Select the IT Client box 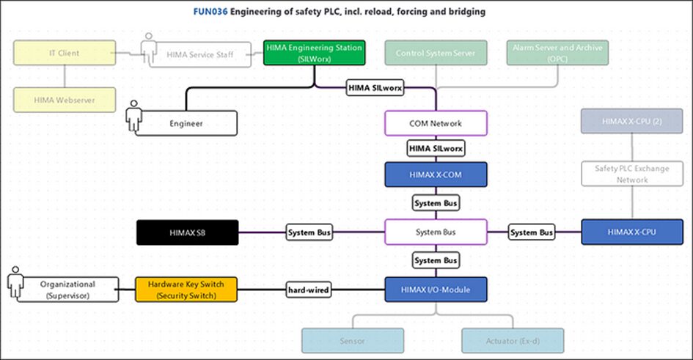(x=65, y=53)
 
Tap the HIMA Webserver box (x=65, y=99)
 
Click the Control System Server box (x=436, y=53)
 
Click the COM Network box (x=436, y=123)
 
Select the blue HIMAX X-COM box (x=436, y=175)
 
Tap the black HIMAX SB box (x=187, y=232)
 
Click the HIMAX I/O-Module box (x=436, y=290)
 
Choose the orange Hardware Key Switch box (x=186, y=290)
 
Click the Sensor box (x=353, y=341)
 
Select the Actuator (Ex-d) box (x=513, y=341)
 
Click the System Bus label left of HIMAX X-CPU (x=533, y=232)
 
